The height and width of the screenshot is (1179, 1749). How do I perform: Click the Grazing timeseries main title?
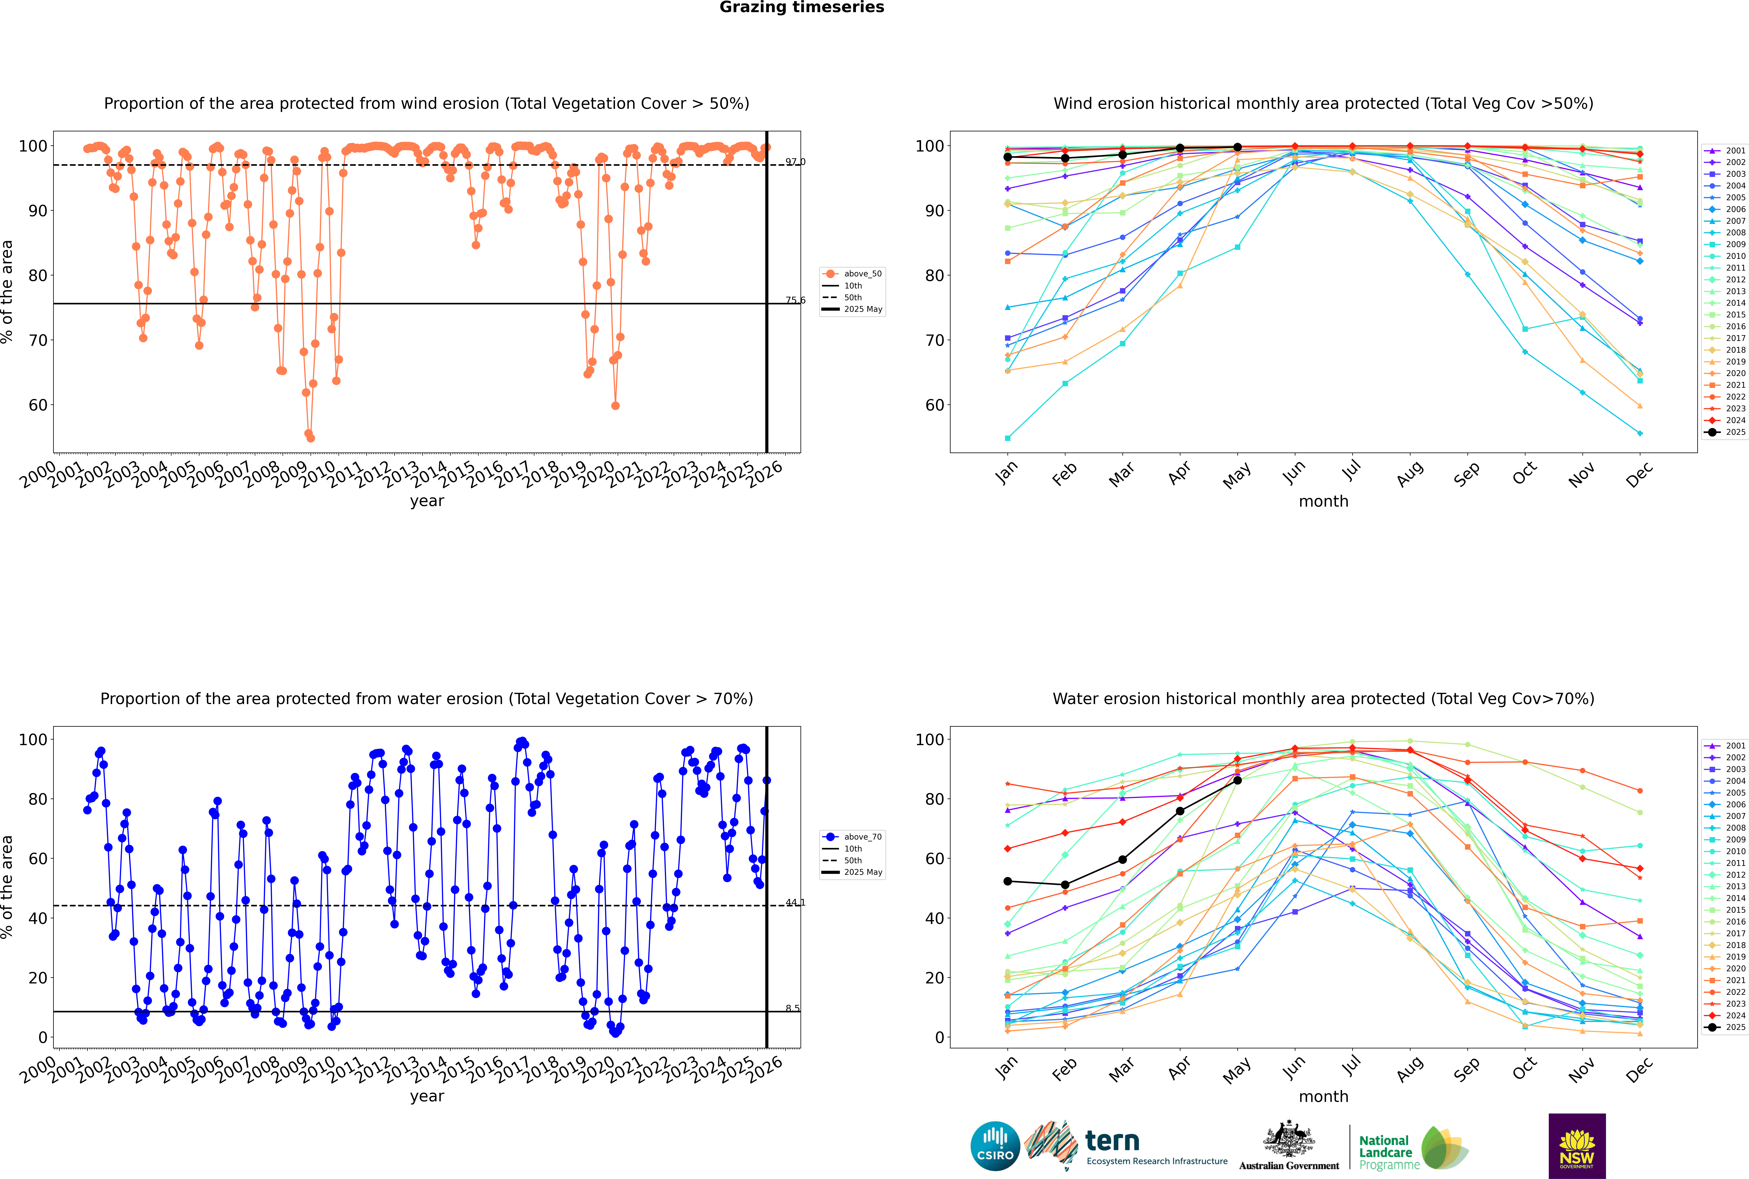tap(802, 7)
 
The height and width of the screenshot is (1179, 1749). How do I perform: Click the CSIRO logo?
tap(995, 1146)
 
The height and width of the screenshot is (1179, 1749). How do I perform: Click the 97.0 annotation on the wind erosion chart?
tap(795, 162)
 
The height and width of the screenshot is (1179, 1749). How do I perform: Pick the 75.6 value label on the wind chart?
tap(795, 300)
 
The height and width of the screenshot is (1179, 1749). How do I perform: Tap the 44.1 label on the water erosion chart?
tap(795, 902)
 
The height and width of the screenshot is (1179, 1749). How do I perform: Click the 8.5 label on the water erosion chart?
tap(792, 1008)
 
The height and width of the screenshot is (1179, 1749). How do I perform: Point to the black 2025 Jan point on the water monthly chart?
tap(1008, 881)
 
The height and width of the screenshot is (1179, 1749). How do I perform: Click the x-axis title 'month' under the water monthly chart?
tap(1323, 1096)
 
